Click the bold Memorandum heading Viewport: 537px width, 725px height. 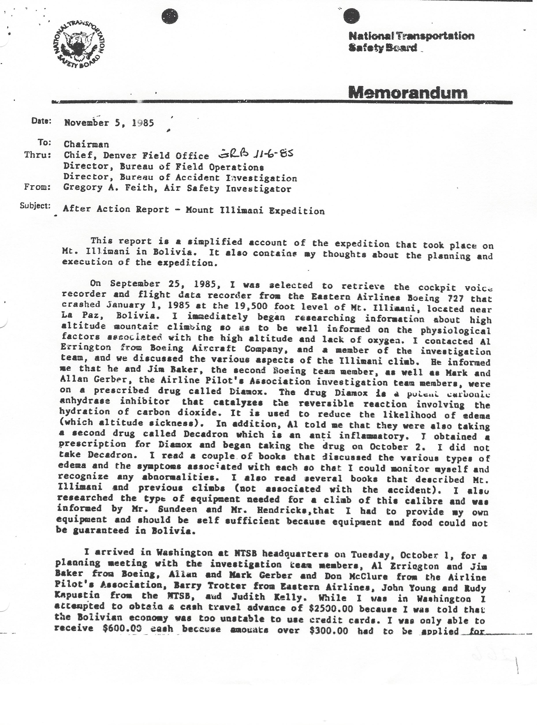(408, 93)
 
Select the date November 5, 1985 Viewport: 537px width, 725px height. (109, 123)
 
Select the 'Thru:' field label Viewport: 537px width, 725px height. (38, 155)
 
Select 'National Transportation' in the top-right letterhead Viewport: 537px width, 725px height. (411, 36)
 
